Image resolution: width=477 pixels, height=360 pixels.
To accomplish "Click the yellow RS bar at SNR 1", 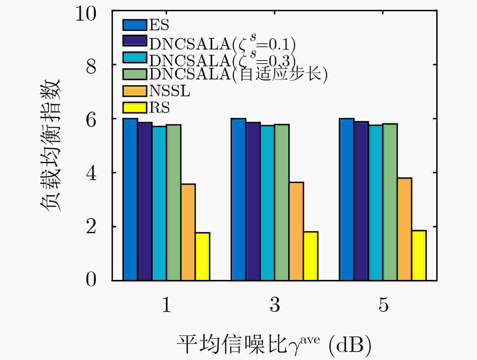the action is coord(203,256).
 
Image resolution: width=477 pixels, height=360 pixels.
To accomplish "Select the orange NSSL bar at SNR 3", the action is coord(297,231).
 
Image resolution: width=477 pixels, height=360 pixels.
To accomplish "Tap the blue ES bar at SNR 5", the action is coord(347,199).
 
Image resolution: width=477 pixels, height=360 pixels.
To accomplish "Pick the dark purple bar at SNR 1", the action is coord(145,201).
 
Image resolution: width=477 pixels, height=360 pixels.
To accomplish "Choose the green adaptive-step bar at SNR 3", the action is coord(282,202).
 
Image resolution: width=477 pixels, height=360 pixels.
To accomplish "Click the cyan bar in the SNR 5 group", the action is coord(376,203).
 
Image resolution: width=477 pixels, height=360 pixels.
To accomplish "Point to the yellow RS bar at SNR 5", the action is coord(419,255).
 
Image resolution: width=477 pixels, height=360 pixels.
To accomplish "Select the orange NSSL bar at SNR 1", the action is coord(188,232).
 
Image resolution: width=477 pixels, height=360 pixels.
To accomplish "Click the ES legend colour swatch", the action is coord(135,25).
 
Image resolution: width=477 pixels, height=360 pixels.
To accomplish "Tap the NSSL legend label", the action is coord(170,91).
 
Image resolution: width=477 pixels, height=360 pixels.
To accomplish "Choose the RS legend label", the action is coord(159,107).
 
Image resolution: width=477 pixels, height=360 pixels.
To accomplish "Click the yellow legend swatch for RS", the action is coord(135,107).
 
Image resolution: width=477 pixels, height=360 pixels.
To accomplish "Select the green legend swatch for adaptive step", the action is coord(135,74).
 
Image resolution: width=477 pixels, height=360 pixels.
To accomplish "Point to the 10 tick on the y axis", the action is coord(86,13).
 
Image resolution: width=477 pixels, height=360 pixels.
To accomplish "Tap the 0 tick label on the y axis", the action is coord(91,280).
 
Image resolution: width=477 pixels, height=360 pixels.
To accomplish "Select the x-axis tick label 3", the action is coord(275,304).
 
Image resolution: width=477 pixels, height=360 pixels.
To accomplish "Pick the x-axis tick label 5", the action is coord(383,304).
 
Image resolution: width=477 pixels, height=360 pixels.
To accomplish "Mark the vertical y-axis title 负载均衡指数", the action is coord(50,145).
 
